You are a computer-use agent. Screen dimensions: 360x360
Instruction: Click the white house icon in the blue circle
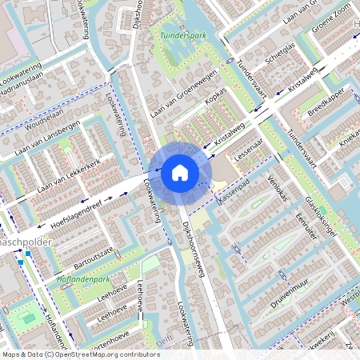180,172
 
